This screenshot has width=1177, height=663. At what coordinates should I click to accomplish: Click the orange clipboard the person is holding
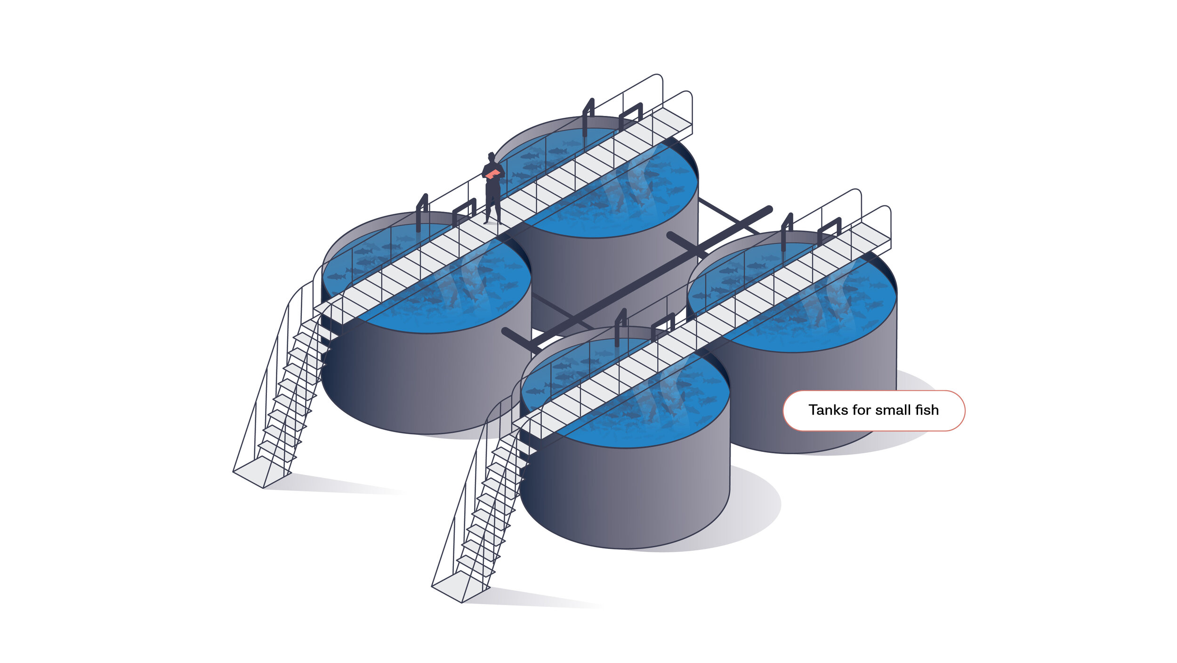click(x=492, y=174)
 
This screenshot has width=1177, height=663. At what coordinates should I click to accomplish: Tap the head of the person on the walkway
click(x=492, y=157)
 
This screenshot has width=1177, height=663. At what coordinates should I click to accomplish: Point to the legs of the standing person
click(x=492, y=205)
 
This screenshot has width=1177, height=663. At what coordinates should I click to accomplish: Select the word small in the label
click(x=893, y=410)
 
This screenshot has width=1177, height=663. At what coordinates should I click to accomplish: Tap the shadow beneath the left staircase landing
click(x=339, y=485)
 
